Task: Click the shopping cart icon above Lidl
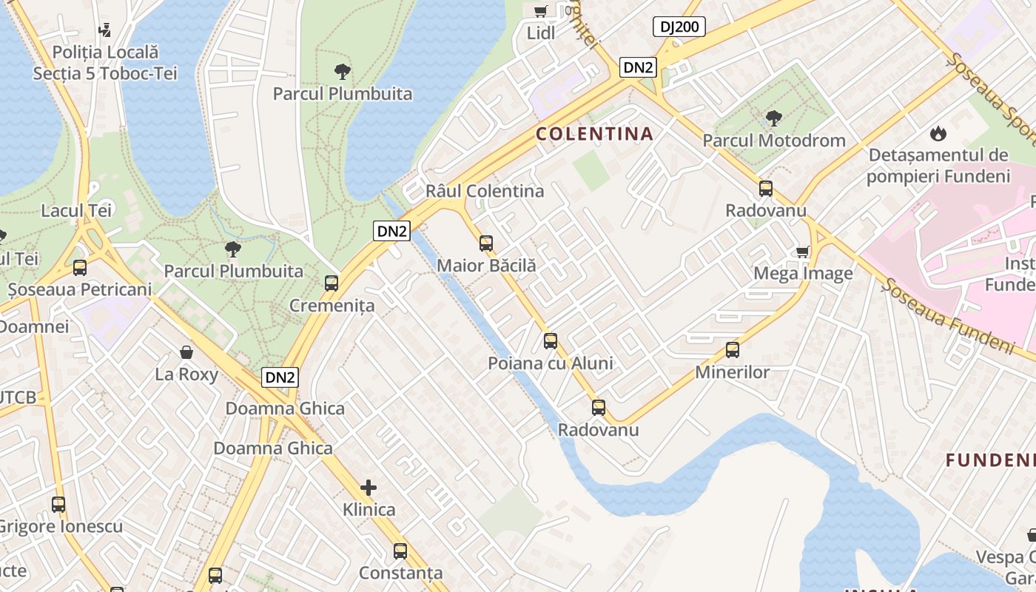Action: [x=540, y=10]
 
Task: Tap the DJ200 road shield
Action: [x=679, y=27]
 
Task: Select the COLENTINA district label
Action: [x=594, y=134]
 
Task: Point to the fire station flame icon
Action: [x=938, y=134]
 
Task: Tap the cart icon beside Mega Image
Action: [x=802, y=252]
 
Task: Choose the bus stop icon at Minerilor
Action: [x=732, y=350]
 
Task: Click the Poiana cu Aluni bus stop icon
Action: [x=550, y=341]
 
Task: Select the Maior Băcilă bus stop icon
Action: [x=485, y=243]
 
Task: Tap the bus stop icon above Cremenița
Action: [x=331, y=283]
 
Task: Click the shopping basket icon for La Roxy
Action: [x=186, y=352]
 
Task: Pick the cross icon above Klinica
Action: [x=368, y=488]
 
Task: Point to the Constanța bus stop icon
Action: [x=400, y=551]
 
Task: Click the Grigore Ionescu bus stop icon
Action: [x=58, y=505]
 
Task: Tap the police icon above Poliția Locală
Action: [x=104, y=30]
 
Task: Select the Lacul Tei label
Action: [x=76, y=211]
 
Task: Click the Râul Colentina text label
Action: [x=484, y=191]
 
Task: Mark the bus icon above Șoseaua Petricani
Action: [x=79, y=268]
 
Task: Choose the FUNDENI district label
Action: [x=990, y=460]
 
